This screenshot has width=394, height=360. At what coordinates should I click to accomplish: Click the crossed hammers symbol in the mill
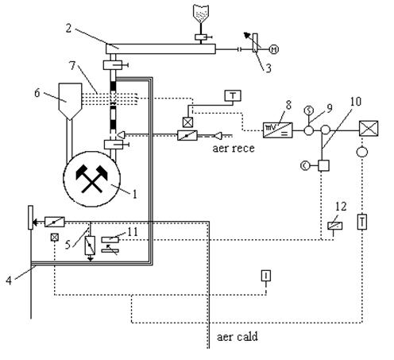point(91,179)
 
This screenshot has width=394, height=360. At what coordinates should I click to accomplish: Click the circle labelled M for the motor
point(274,49)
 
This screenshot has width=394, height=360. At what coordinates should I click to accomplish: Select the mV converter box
point(277,130)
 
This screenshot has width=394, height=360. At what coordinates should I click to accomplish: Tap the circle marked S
point(308,110)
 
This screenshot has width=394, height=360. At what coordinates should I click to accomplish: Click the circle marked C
point(305,166)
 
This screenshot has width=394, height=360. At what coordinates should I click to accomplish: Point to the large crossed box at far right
point(369,129)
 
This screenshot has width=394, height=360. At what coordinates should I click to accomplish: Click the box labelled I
point(266,276)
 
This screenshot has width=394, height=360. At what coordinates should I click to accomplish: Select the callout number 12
point(341,207)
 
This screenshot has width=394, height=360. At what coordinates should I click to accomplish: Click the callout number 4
point(9,281)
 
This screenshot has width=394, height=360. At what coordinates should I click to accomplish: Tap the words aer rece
point(234,149)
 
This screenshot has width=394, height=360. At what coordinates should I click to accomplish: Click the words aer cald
point(238,337)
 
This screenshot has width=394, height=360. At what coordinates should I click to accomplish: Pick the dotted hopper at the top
point(201,14)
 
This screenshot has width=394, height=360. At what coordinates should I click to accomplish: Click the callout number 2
point(68,29)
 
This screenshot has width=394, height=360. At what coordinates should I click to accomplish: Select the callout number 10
point(356,102)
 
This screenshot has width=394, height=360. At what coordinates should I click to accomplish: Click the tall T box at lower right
point(362,222)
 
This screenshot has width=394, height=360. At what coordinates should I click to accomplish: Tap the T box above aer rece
point(233,95)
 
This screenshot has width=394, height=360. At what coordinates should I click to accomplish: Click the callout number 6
point(37,93)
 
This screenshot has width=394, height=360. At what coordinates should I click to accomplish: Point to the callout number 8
point(288,105)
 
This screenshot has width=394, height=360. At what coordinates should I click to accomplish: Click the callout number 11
point(133,232)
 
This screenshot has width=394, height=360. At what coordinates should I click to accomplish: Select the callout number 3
point(268,68)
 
